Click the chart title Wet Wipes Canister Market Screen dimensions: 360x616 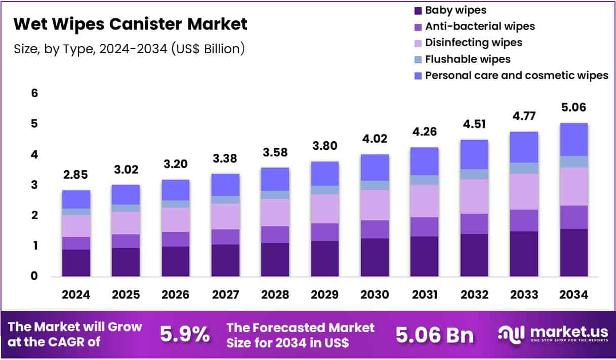[130, 24]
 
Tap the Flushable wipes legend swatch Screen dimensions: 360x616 [418, 59]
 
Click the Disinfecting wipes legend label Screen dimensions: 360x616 [473, 43]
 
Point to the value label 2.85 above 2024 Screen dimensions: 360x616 [76, 175]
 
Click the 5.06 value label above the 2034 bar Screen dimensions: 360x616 [573, 107]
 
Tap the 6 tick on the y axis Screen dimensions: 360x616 [34, 93]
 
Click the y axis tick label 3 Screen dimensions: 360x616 [34, 185]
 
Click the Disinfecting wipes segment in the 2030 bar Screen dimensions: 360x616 [375, 205]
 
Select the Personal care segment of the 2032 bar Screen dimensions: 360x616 [474, 154]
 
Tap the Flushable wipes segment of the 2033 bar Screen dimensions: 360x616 [524, 168]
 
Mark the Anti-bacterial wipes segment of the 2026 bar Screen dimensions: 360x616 [175, 239]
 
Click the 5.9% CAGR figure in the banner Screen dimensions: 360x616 [185, 335]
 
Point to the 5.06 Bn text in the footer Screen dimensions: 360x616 [434, 335]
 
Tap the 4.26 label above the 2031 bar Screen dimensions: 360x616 [424, 133]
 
